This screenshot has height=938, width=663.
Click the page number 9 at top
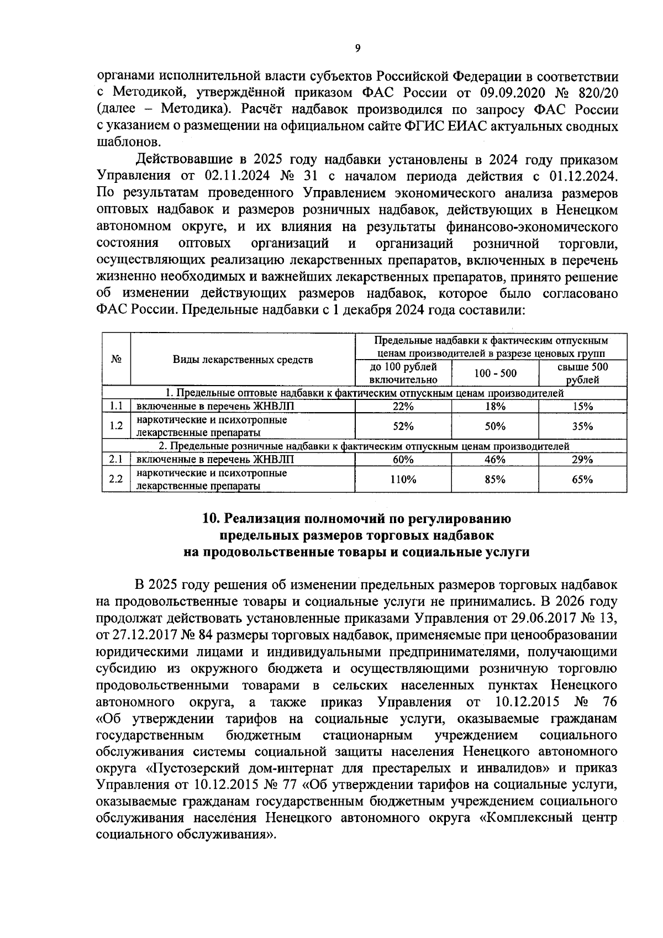pos(357,49)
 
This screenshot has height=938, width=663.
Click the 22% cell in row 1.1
pos(403,407)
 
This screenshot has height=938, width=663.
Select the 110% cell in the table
pos(403,479)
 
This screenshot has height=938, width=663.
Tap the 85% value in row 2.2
pos(494,479)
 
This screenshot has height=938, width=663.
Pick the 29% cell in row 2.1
pos(582,460)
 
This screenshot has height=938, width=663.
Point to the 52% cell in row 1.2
pos(403,426)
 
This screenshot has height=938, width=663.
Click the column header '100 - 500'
pos(495,373)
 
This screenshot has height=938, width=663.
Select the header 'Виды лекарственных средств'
pos(243,360)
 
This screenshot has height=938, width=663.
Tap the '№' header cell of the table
pos(116,359)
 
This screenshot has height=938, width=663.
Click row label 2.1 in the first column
pos(115,460)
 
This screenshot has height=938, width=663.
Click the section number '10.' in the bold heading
pos(212,519)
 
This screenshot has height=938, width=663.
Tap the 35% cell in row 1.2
pos(582,426)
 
